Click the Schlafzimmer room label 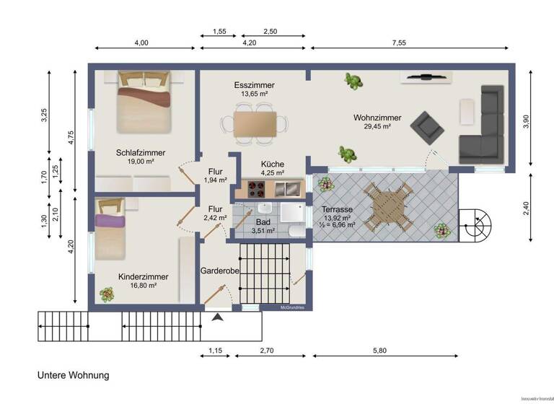tap(141, 153)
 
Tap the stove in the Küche tap(256, 190)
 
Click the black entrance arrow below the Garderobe tap(219, 316)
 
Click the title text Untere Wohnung tap(73, 376)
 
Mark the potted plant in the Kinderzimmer tap(107, 294)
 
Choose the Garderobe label tap(219, 271)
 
